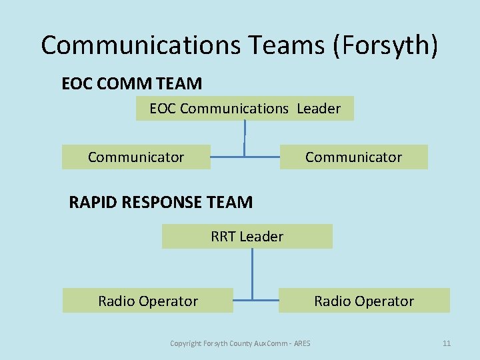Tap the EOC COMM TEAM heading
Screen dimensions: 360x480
click(x=131, y=83)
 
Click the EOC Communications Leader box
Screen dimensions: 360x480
click(x=245, y=108)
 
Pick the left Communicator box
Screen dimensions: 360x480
click(x=136, y=157)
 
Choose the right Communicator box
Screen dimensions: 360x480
click(x=353, y=157)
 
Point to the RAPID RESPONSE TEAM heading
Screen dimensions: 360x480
click(x=161, y=202)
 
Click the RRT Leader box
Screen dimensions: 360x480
click(x=247, y=236)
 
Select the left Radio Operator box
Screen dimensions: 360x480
click(x=148, y=301)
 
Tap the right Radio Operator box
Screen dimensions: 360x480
click(x=364, y=301)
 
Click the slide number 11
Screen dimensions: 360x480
click(x=447, y=343)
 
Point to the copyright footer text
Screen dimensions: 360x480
click(x=239, y=343)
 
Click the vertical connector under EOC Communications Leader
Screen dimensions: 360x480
click(x=245, y=137)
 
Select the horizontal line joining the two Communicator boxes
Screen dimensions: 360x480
click(x=245, y=157)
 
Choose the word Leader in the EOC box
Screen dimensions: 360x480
click(x=319, y=108)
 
